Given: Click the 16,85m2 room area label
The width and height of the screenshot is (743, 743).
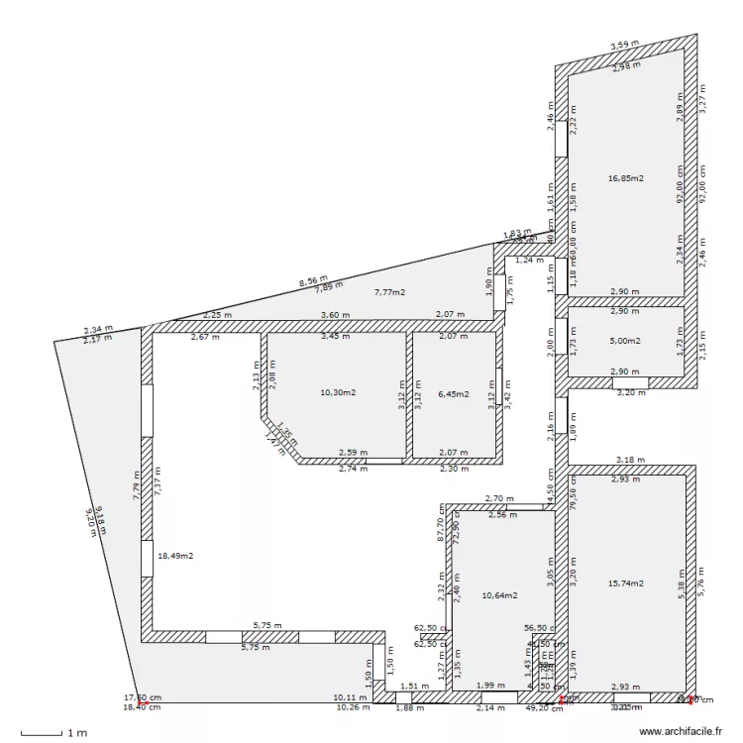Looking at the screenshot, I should point(625,178).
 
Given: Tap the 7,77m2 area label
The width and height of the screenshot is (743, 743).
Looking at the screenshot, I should point(389,292).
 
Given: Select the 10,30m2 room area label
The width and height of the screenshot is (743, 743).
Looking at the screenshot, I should point(338,393).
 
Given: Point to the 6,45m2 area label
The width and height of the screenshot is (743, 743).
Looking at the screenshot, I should point(453,393).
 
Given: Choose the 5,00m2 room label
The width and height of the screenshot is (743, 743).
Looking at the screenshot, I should point(625,341).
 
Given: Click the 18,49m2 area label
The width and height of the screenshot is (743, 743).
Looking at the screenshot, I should point(175,556).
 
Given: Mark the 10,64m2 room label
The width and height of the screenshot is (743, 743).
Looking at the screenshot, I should point(499,595).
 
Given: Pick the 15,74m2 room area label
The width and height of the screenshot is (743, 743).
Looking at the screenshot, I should point(625,584).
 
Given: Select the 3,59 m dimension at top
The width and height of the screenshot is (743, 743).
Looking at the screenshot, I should point(624,46).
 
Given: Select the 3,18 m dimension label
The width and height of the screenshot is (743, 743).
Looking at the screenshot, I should point(630,460).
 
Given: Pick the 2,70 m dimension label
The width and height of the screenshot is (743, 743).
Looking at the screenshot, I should point(498,498).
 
